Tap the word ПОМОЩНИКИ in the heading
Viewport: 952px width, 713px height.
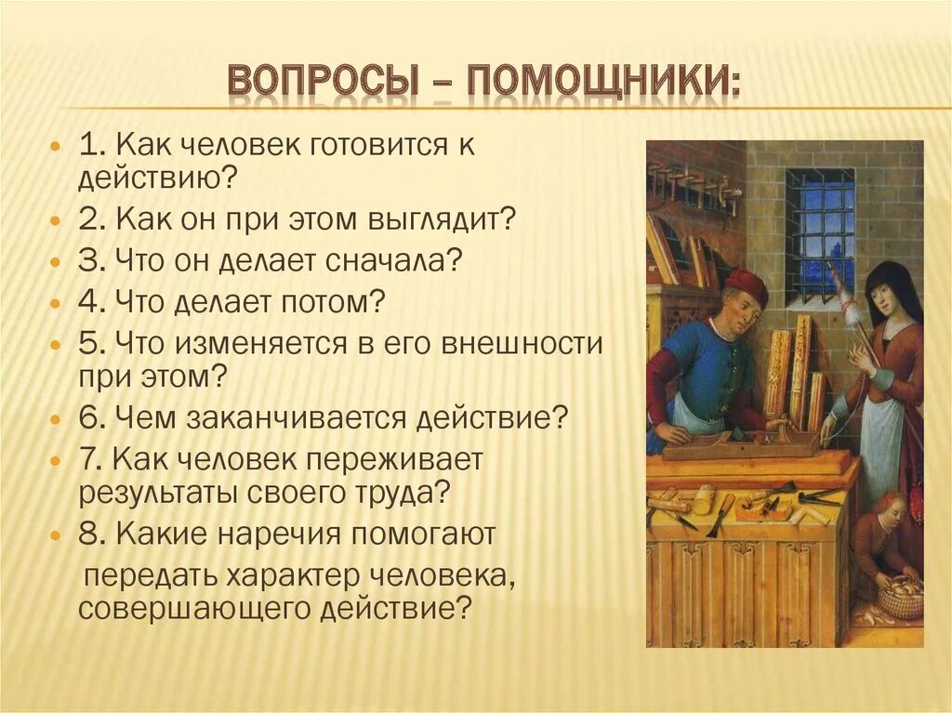point(603,82)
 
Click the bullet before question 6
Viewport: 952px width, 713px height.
point(58,418)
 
